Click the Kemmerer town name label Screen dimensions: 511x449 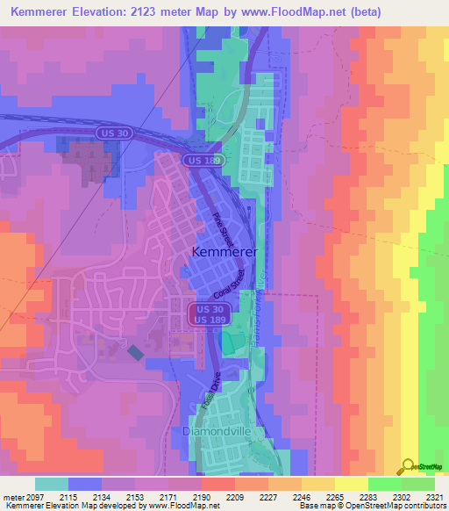point(224,252)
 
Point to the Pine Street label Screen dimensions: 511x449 point(223,227)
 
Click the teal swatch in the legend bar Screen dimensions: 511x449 point(52,484)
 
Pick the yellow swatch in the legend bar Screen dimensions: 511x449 point(351,484)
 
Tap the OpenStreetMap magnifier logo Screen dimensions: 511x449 point(409,466)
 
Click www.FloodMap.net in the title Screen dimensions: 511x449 point(303,12)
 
